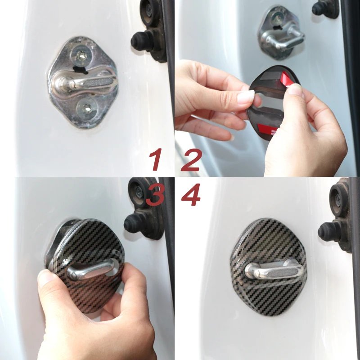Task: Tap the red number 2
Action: pos(191,160)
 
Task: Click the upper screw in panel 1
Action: pos(81,55)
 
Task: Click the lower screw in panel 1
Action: pos(86,108)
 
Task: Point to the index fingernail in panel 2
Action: pos(246,96)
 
